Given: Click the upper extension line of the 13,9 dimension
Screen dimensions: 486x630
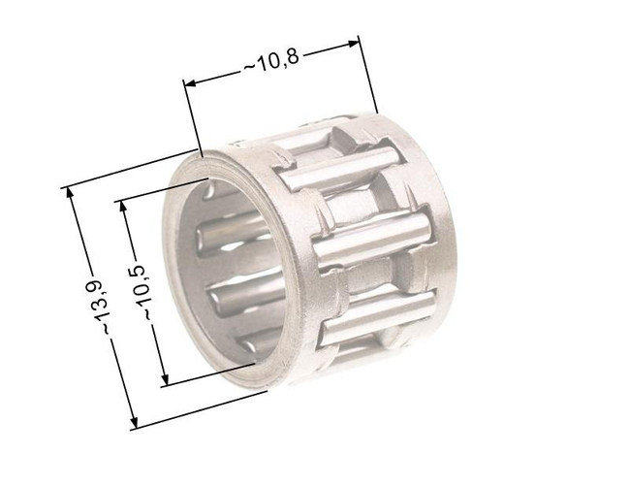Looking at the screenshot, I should coord(131,169).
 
